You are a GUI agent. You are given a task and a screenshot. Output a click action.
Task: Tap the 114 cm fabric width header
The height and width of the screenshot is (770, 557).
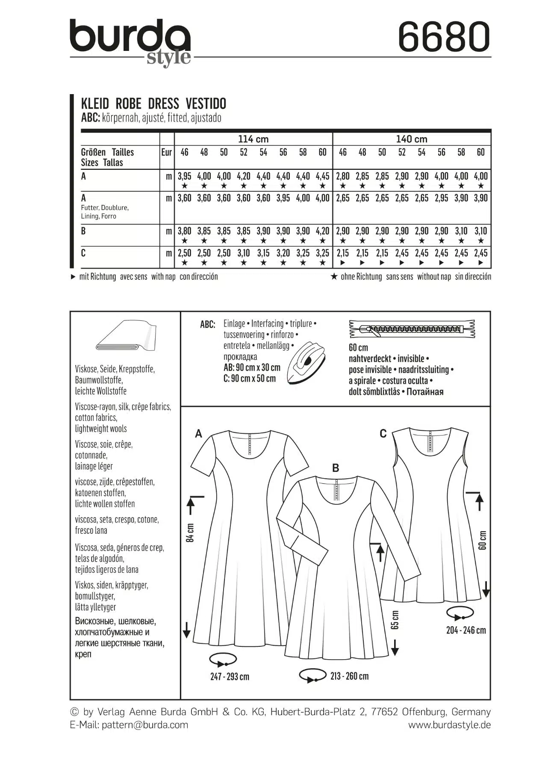(x=253, y=139)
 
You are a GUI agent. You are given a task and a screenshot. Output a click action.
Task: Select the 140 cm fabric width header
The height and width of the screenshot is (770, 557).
(x=411, y=139)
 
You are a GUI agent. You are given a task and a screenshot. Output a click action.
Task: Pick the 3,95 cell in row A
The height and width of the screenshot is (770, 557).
(x=184, y=176)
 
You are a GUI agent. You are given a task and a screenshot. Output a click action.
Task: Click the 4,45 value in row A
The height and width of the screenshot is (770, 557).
(x=322, y=176)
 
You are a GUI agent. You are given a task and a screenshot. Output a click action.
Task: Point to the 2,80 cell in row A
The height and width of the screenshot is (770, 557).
(x=342, y=176)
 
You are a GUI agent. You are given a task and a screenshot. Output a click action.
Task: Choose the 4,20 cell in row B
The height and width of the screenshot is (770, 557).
(x=322, y=231)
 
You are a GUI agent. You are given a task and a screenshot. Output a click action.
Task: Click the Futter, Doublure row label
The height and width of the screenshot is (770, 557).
(x=105, y=207)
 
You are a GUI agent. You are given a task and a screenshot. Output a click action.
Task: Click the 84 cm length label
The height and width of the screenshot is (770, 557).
(x=191, y=533)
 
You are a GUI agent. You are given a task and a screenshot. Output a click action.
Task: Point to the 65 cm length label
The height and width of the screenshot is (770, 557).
(x=395, y=619)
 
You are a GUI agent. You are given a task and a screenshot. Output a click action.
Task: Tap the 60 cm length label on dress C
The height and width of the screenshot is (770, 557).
(x=483, y=540)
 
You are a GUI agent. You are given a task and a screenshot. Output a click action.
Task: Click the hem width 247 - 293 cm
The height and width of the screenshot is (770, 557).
(x=230, y=677)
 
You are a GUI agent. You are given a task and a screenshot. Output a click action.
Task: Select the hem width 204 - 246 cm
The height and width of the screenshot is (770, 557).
(x=466, y=630)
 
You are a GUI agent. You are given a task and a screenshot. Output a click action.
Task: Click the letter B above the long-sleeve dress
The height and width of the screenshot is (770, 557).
(x=336, y=468)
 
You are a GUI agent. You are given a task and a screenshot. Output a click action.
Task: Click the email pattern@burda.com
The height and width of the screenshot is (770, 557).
(x=144, y=725)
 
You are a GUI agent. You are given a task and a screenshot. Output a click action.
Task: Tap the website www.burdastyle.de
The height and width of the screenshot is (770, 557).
(x=449, y=725)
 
